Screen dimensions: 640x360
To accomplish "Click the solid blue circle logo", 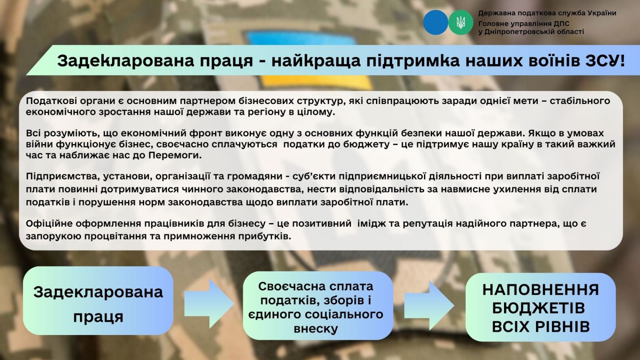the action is pyautogui.click(x=436, y=22).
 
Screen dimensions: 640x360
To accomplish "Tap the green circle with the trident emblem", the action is pyautogui.click(x=460, y=22).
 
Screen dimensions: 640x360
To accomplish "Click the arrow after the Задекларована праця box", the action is pyautogui.click(x=209, y=304).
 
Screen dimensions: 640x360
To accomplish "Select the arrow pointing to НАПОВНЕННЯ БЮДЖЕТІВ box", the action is pyautogui.click(x=429, y=305).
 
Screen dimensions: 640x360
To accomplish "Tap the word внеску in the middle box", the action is pyautogui.click(x=316, y=328).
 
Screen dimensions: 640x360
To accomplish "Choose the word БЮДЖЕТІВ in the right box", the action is pyautogui.click(x=538, y=308).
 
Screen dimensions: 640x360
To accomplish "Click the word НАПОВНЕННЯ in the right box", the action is pyautogui.click(x=540, y=290).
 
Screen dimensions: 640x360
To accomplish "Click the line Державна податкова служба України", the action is pyautogui.click(x=547, y=13).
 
